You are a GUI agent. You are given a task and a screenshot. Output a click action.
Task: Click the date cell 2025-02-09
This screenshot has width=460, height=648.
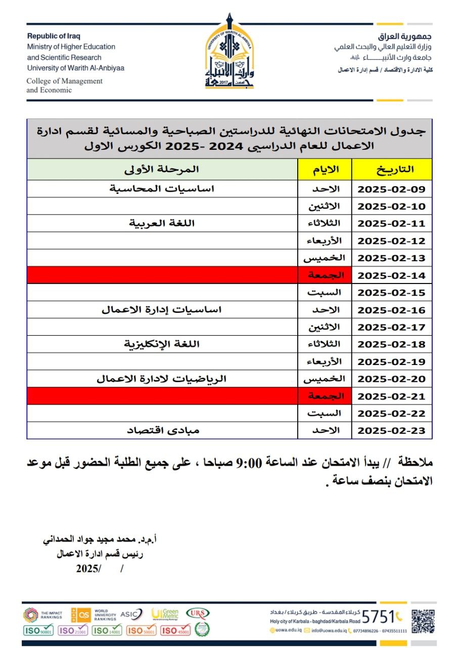(392, 189)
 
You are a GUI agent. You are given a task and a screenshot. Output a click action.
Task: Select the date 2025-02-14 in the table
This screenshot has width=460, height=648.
(392, 276)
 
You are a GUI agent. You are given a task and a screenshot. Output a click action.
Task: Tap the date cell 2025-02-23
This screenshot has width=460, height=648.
(392, 431)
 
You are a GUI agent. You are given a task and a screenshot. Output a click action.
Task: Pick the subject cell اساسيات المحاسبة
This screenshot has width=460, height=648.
(162, 189)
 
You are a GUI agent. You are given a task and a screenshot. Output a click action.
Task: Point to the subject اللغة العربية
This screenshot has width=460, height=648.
(162, 223)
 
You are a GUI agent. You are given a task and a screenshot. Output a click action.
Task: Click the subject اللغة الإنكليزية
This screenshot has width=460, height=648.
(162, 344)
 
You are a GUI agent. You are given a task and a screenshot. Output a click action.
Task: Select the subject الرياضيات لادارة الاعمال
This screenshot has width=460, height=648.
(162, 379)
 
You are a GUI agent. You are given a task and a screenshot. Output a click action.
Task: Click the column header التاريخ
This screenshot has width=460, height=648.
(392, 169)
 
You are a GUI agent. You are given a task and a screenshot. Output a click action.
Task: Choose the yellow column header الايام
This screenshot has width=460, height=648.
(325, 169)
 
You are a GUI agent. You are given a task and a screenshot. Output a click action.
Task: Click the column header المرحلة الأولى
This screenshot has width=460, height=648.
(162, 169)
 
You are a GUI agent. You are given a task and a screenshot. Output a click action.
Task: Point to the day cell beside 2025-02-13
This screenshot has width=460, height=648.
(325, 258)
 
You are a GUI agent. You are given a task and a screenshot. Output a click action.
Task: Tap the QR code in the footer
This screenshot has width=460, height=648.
(423, 621)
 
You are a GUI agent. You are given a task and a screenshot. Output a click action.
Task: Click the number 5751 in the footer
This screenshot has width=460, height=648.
(378, 617)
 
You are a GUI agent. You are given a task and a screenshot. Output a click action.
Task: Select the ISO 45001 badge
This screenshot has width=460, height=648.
(175, 631)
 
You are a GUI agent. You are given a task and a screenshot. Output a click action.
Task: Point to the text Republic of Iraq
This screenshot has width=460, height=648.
(54, 36)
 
